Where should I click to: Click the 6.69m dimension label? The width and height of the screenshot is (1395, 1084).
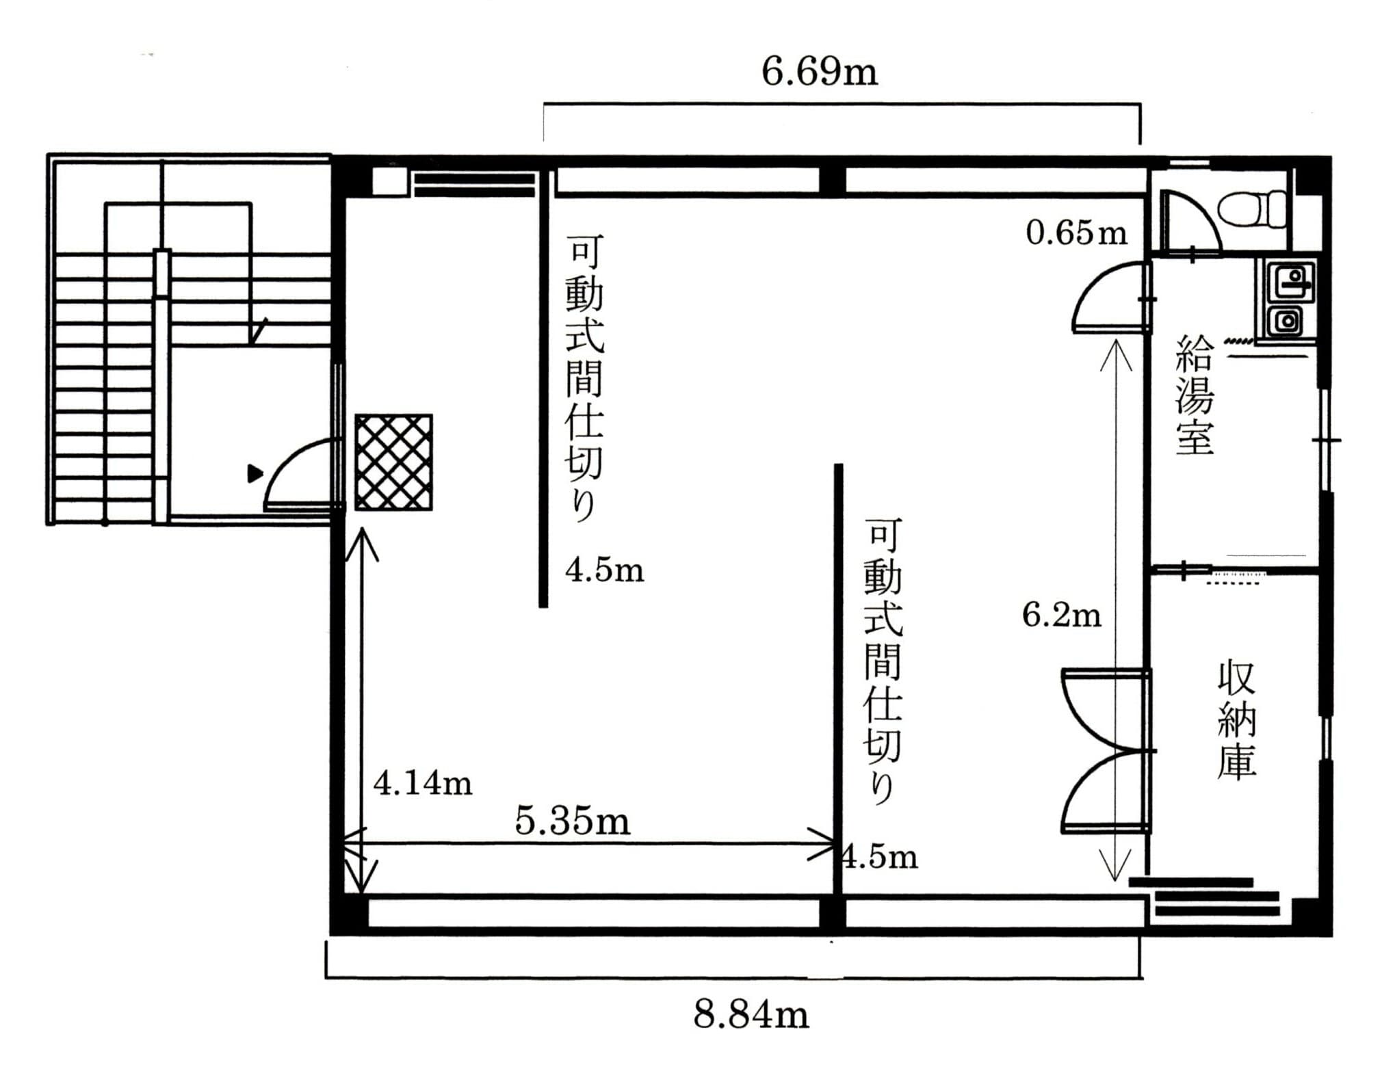[819, 72]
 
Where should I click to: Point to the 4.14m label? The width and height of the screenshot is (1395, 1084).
[423, 783]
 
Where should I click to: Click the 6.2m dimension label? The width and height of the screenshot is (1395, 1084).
[1062, 615]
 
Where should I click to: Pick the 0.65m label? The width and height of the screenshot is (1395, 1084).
[1076, 233]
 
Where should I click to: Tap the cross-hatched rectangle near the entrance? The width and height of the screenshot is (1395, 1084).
[393, 462]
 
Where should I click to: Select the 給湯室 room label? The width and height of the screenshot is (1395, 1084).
[1195, 395]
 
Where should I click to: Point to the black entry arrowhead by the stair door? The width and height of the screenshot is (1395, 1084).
[255, 473]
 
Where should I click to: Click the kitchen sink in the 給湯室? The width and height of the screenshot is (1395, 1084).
[1286, 299]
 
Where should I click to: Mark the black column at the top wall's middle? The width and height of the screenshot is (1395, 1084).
[832, 181]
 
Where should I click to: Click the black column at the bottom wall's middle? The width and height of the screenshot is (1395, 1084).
[832, 913]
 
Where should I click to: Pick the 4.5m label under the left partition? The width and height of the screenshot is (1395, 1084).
[605, 570]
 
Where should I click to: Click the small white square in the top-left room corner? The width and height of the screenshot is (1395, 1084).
[389, 182]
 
